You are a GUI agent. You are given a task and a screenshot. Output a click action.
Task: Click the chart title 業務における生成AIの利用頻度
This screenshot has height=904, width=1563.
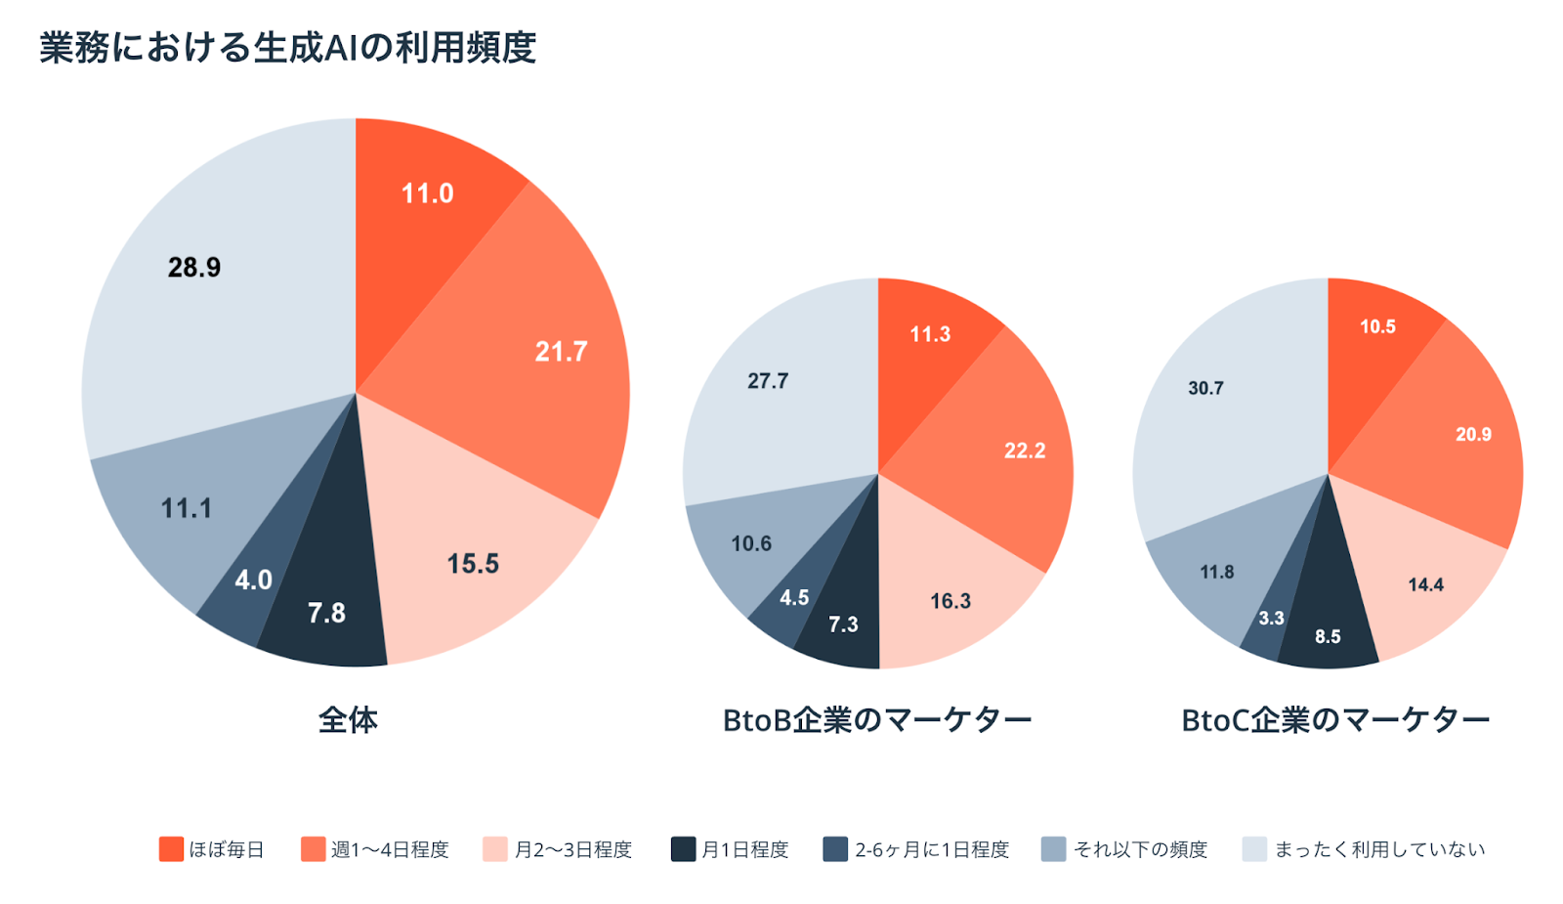(287, 47)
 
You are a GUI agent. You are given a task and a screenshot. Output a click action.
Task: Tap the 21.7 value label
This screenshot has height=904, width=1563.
(561, 352)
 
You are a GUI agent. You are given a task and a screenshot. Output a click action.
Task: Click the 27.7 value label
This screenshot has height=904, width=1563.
(768, 381)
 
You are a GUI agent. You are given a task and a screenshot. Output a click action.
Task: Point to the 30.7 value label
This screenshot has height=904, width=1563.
(1205, 388)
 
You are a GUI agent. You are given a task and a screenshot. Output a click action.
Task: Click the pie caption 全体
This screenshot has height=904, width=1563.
(348, 720)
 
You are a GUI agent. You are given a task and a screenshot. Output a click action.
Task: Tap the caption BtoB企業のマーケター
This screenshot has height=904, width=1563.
(876, 720)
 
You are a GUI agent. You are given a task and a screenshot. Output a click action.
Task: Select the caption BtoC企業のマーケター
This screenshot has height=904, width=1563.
(1335, 720)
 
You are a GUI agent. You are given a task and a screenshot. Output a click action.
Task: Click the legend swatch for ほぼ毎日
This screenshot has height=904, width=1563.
(171, 849)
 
